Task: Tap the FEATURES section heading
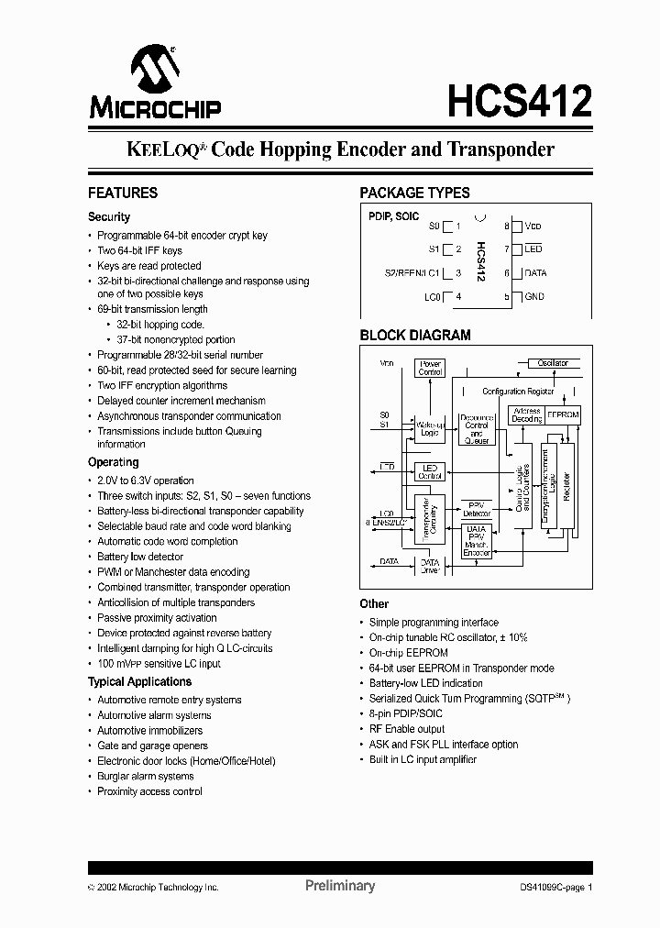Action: [x=122, y=193]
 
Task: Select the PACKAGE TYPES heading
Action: [x=414, y=193]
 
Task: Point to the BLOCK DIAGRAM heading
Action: [x=414, y=336]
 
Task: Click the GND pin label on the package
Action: [x=533, y=297]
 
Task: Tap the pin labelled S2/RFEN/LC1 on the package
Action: [x=413, y=273]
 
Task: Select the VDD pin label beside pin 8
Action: [x=533, y=226]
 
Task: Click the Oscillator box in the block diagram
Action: [x=552, y=364]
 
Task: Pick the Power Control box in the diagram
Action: [x=430, y=369]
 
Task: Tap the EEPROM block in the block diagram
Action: [x=562, y=414]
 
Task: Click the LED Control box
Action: [x=430, y=471]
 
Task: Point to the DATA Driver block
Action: [x=430, y=566]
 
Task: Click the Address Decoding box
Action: [x=526, y=414]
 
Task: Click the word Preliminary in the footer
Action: [x=339, y=886]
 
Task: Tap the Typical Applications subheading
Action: [x=139, y=682]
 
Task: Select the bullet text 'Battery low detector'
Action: [x=140, y=557]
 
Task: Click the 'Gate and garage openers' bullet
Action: [x=152, y=746]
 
